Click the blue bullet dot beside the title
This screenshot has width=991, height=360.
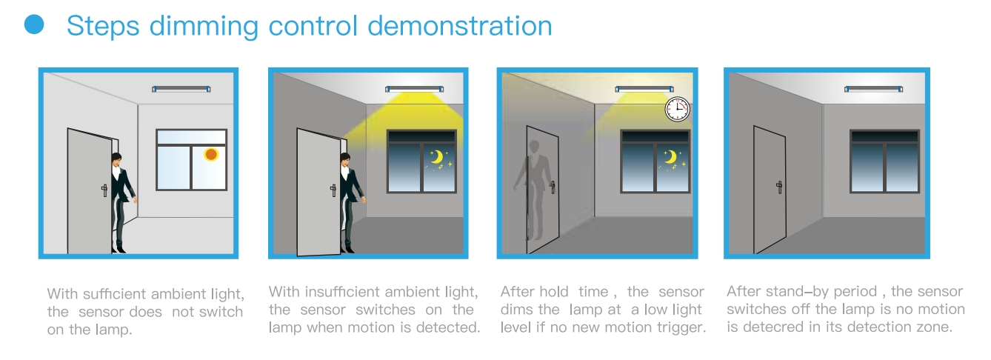coord(34,24)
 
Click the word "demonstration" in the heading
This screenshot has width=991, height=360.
coord(460,26)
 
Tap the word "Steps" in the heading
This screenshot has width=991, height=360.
coord(103,27)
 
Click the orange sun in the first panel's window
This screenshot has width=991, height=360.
coord(211,154)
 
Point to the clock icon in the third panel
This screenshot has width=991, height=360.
coord(677,109)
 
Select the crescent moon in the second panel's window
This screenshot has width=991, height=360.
coord(437,157)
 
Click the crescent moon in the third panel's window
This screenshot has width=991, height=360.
coord(670,157)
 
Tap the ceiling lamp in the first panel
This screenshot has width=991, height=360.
coord(181,89)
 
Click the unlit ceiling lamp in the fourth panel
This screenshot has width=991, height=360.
coord(873,89)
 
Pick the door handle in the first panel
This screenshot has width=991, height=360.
coord(104,190)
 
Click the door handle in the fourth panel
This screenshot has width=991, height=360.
coord(779,187)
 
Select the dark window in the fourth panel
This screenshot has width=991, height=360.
coord(885,161)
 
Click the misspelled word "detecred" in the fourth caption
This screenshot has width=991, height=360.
coord(770,327)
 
